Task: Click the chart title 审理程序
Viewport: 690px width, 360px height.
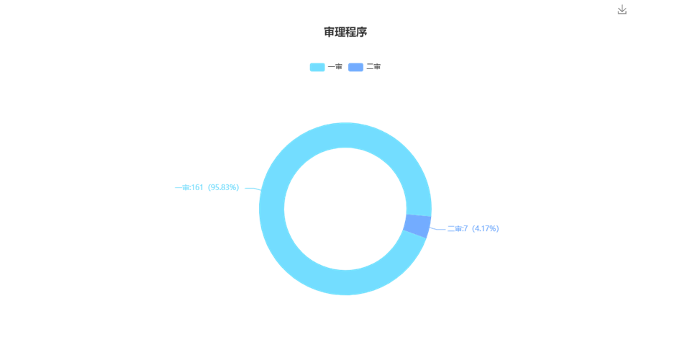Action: click(345, 32)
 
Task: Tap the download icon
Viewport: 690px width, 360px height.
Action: click(622, 9)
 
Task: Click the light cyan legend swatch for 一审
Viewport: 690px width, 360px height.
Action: click(317, 67)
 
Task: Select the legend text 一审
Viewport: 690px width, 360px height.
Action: click(335, 67)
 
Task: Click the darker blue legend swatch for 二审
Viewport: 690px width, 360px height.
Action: click(355, 67)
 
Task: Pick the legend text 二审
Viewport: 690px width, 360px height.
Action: click(373, 67)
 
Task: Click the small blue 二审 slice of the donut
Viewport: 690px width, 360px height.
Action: click(417, 225)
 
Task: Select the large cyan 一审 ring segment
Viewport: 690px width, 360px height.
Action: click(271, 209)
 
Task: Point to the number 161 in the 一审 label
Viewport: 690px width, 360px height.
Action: click(197, 187)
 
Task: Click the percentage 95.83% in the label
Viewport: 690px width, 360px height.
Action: click(224, 187)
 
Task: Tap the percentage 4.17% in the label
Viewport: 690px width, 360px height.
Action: click(486, 228)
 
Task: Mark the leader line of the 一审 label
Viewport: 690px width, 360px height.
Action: click(253, 189)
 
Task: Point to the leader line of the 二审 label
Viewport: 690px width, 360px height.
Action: click(437, 229)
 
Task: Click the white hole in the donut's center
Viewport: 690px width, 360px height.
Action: click(345, 209)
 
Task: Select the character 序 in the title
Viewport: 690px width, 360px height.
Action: click(362, 32)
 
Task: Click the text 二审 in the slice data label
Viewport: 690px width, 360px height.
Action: click(454, 228)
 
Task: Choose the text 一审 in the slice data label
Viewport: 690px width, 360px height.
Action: click(182, 187)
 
